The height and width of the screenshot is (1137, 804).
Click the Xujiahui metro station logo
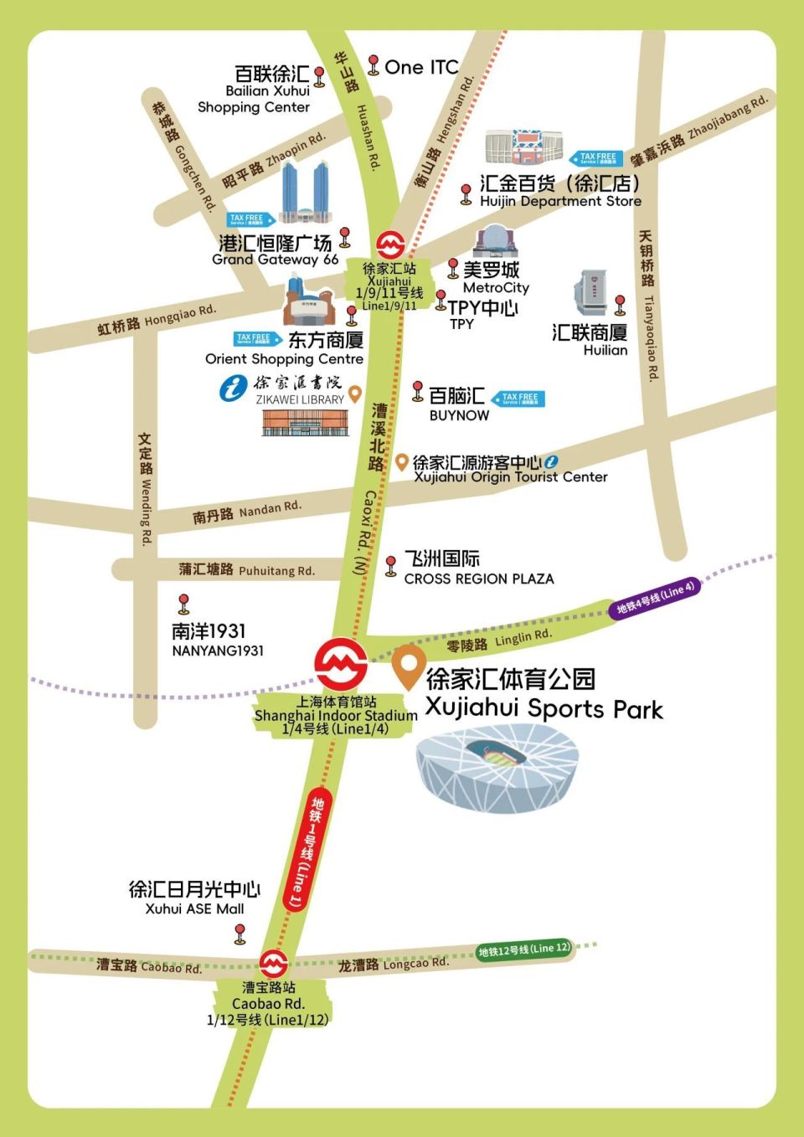pos(390,244)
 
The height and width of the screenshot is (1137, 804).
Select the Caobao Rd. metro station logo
pos(273,964)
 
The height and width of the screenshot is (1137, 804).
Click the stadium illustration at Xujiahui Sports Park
pos(497,769)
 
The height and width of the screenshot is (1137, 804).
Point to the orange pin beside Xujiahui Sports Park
pos(407,666)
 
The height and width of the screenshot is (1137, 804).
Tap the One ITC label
pos(421,67)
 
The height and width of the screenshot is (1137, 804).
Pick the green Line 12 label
pos(524,949)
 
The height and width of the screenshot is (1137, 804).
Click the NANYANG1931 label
pos(218,651)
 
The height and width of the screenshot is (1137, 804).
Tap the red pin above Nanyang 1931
pos(183,603)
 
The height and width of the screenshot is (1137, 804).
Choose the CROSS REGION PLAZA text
pos(478,579)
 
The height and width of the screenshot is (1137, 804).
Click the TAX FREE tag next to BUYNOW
pos(518,399)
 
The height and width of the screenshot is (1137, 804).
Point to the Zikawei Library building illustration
pos(303,423)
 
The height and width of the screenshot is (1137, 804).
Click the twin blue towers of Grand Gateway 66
pos(305,193)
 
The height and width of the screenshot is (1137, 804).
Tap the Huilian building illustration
pos(590,293)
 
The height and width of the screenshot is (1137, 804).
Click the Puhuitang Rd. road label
pos(247,570)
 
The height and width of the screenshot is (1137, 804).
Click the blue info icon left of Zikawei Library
pos(233,388)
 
